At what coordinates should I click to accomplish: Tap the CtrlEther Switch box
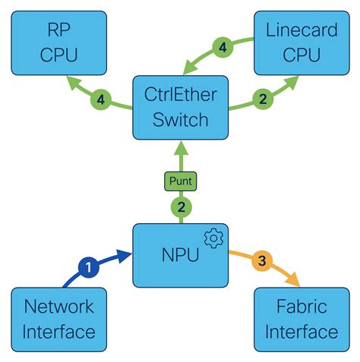180,107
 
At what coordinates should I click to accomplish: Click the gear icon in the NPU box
213,239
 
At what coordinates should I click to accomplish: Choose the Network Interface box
59,319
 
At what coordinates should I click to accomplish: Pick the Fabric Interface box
302,319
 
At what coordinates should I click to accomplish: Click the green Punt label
180,181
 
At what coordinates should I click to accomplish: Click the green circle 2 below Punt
180,206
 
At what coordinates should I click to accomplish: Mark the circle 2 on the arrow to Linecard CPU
262,98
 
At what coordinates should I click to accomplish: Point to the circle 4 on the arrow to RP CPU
99,98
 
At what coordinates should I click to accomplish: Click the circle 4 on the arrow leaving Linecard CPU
223,47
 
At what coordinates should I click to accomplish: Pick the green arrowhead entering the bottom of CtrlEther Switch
180,148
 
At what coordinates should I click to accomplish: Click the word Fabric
302,307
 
